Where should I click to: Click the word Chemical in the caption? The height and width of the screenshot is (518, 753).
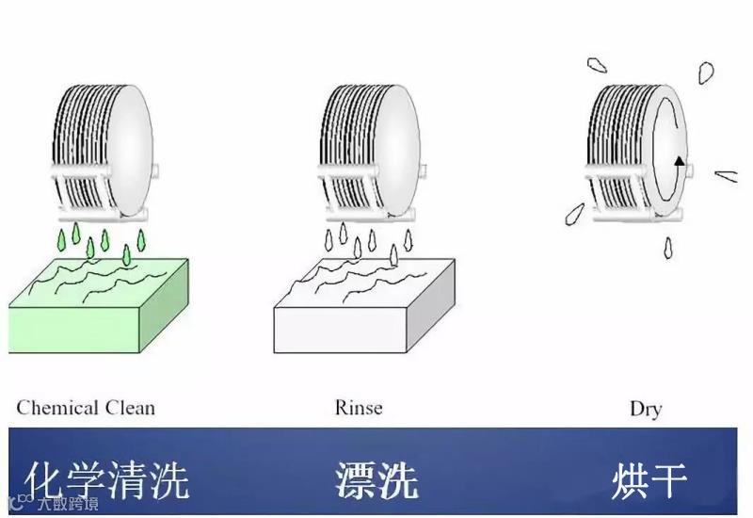57,408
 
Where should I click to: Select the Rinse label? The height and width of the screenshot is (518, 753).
359,408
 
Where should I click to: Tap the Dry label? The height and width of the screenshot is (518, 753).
646,409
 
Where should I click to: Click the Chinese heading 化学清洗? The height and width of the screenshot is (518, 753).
106,479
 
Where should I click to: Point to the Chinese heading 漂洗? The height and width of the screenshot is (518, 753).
376,479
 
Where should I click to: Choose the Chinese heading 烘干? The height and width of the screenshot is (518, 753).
649,479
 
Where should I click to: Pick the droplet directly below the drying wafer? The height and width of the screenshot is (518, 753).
667,247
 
